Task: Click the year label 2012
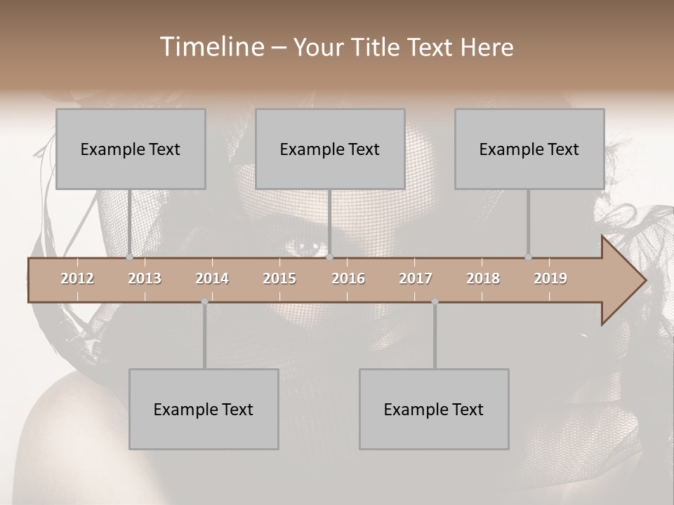[x=77, y=278]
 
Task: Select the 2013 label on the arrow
[x=145, y=278]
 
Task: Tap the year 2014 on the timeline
[x=212, y=278]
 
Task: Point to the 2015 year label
[x=279, y=278]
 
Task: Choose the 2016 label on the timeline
[x=348, y=278]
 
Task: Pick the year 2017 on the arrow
[x=416, y=278]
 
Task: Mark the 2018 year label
[x=483, y=278]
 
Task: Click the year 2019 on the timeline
[x=550, y=278]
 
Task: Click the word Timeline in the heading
[x=211, y=47]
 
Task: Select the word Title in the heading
[x=378, y=48]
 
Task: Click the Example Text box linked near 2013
[x=131, y=149]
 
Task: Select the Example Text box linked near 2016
[x=330, y=149]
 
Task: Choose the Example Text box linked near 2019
[x=529, y=149]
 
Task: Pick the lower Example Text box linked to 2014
[x=204, y=409]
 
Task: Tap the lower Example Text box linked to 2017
[x=434, y=409]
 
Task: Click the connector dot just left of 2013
[x=129, y=257]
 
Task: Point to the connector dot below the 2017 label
[x=435, y=302]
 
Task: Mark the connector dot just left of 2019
[x=528, y=257]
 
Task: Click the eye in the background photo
[x=307, y=248]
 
